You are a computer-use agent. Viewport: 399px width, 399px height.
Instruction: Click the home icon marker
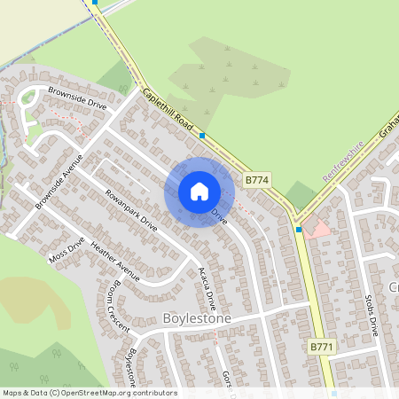point(199,192)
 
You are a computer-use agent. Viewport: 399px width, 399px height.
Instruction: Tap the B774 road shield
point(256,180)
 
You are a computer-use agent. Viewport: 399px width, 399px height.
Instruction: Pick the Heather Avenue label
point(115,263)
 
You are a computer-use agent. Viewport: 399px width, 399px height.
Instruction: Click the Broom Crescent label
point(117,309)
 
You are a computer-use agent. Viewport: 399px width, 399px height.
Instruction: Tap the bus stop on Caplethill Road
point(203,136)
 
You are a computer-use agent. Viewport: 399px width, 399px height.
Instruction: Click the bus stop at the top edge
point(95,3)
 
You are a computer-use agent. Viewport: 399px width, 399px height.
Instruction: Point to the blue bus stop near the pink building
point(299,229)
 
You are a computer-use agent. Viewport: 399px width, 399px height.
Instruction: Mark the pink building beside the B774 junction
point(318,229)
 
